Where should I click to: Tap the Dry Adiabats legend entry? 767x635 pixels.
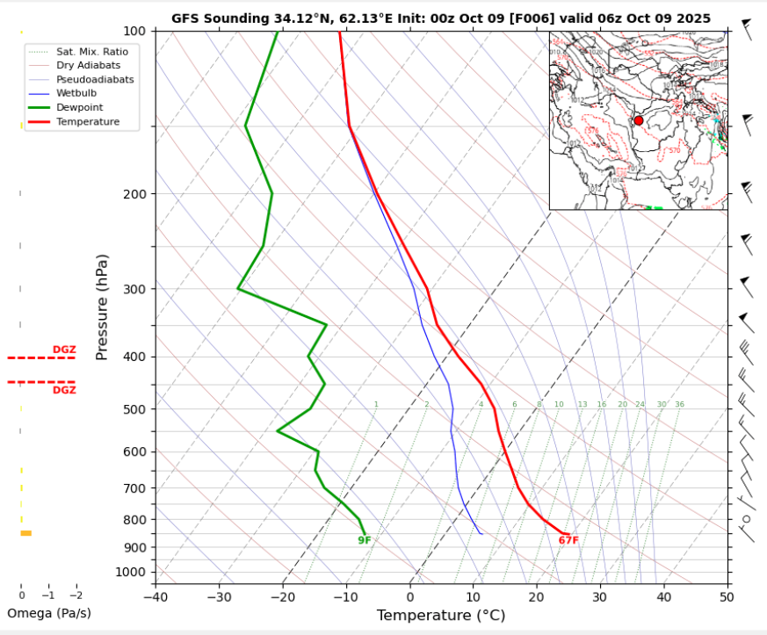tap(88, 65)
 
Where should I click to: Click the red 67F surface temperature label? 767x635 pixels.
tap(568, 540)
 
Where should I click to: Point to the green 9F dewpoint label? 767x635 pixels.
tap(365, 540)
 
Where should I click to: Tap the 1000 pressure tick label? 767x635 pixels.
tap(131, 573)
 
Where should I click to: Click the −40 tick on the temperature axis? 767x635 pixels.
tap(156, 598)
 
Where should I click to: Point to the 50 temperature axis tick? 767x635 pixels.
tap(727, 598)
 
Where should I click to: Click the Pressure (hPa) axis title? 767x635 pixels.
tap(102, 307)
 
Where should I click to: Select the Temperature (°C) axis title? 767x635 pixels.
tap(440, 616)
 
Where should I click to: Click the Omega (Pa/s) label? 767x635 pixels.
tap(49, 613)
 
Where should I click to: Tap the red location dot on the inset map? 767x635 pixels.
tap(639, 121)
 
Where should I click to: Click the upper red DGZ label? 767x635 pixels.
tap(64, 350)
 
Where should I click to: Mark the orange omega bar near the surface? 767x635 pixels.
tap(25, 533)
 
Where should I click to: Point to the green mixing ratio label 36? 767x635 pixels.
tap(679, 405)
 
